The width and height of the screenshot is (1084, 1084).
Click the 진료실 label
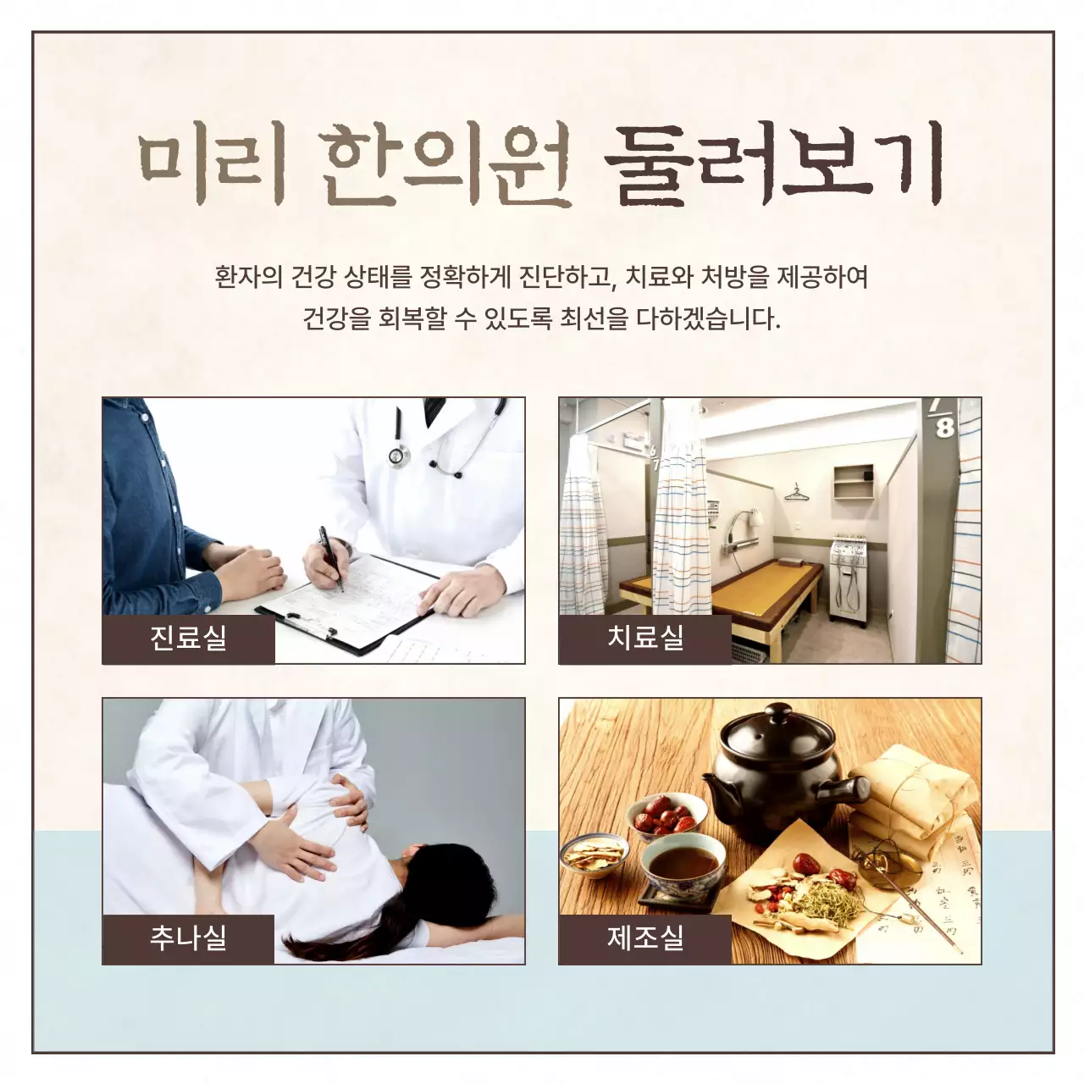tap(188, 638)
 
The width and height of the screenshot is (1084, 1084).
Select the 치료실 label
tap(645, 638)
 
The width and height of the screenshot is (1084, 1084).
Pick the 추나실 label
tap(188, 937)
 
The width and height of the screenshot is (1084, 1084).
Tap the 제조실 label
tap(645, 937)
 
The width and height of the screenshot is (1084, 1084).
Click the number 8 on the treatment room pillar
tap(945, 427)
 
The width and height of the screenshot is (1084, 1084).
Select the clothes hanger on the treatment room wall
tap(795, 491)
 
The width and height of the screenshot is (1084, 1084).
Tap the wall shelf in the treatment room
tap(853, 481)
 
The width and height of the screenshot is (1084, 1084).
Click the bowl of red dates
tap(666, 816)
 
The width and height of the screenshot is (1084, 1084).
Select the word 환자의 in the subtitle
tap(248, 277)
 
